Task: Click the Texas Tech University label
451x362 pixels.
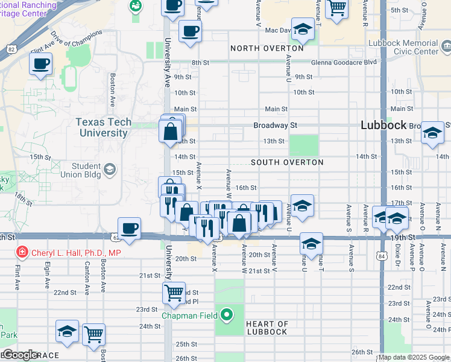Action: pyautogui.click(x=103, y=127)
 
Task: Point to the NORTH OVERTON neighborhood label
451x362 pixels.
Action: pyautogui.click(x=266, y=48)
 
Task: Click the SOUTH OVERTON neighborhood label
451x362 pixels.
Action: pyautogui.click(x=287, y=162)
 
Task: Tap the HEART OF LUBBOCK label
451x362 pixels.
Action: pyautogui.click(x=266, y=328)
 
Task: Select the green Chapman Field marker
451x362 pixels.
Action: pyautogui.click(x=227, y=314)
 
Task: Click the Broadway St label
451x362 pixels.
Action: pyautogui.click(x=275, y=125)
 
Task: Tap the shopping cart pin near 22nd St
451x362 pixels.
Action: pyautogui.click(x=174, y=293)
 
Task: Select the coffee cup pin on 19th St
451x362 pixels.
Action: pyautogui.click(x=129, y=228)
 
